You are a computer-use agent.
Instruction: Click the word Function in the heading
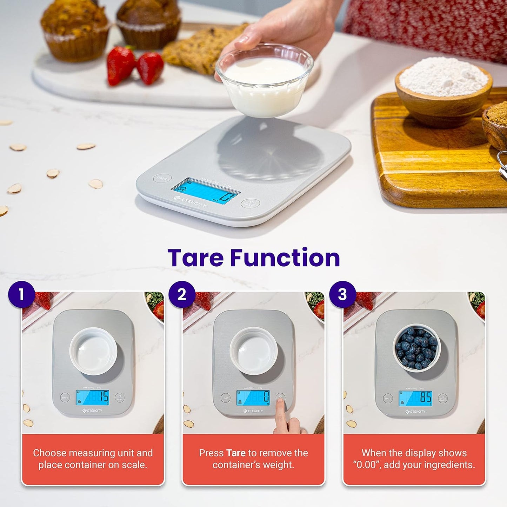(x=285, y=258)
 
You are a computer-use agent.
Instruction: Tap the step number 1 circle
(x=21, y=294)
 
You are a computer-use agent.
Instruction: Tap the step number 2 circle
(x=182, y=294)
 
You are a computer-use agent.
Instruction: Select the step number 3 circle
(x=342, y=294)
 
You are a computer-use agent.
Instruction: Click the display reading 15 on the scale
(x=93, y=398)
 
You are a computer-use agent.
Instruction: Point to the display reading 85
(x=416, y=398)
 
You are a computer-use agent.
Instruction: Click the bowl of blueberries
(x=416, y=347)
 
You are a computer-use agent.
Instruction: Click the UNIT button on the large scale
(x=162, y=178)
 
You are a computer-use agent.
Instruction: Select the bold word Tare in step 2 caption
(x=236, y=453)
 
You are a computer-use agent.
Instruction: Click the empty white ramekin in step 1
(x=93, y=351)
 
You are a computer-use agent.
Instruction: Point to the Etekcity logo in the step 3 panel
(x=415, y=412)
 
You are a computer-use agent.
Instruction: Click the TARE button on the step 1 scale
(x=120, y=398)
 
